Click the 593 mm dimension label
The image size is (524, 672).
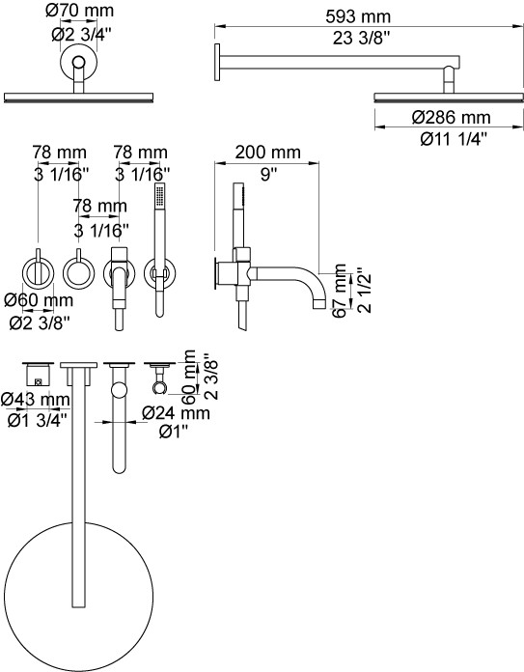pos(358,16)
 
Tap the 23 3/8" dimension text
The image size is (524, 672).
pos(361,39)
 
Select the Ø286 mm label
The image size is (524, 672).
pos(452,118)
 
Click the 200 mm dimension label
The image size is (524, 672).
pos(267,153)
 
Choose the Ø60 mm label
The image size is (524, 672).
pos(39,300)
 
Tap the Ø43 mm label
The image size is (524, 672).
pos(35,400)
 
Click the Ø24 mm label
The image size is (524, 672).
pos(176,413)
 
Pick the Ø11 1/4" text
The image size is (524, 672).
pos(454,139)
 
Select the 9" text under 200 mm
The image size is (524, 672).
pos(268,174)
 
